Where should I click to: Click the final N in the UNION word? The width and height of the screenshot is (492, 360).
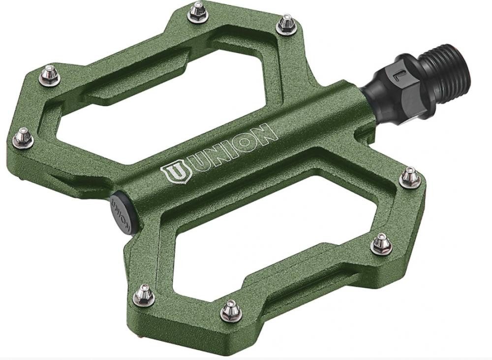264,133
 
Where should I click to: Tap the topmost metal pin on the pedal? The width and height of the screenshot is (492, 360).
198,11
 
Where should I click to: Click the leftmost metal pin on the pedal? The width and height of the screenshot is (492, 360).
23,137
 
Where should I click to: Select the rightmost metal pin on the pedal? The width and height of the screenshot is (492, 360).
409,177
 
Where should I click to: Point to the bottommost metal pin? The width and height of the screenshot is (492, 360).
230,310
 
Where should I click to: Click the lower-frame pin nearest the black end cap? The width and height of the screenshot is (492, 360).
144,294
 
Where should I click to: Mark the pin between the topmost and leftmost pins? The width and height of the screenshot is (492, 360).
50,75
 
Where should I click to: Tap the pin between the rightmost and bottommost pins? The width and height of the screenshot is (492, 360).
381,243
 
